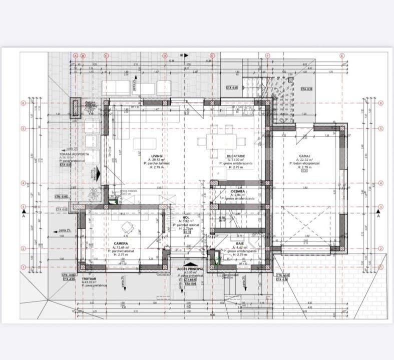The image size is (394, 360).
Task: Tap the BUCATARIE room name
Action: coord(235,156)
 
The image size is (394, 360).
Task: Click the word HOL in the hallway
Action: coord(186,217)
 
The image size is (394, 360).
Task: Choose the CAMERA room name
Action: coord(121,243)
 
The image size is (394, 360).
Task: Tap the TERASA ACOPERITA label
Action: coord(75,154)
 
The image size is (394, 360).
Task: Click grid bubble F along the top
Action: coord(268,55)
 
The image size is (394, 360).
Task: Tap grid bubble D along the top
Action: coord(164,55)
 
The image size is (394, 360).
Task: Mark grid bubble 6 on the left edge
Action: coord(23,103)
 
